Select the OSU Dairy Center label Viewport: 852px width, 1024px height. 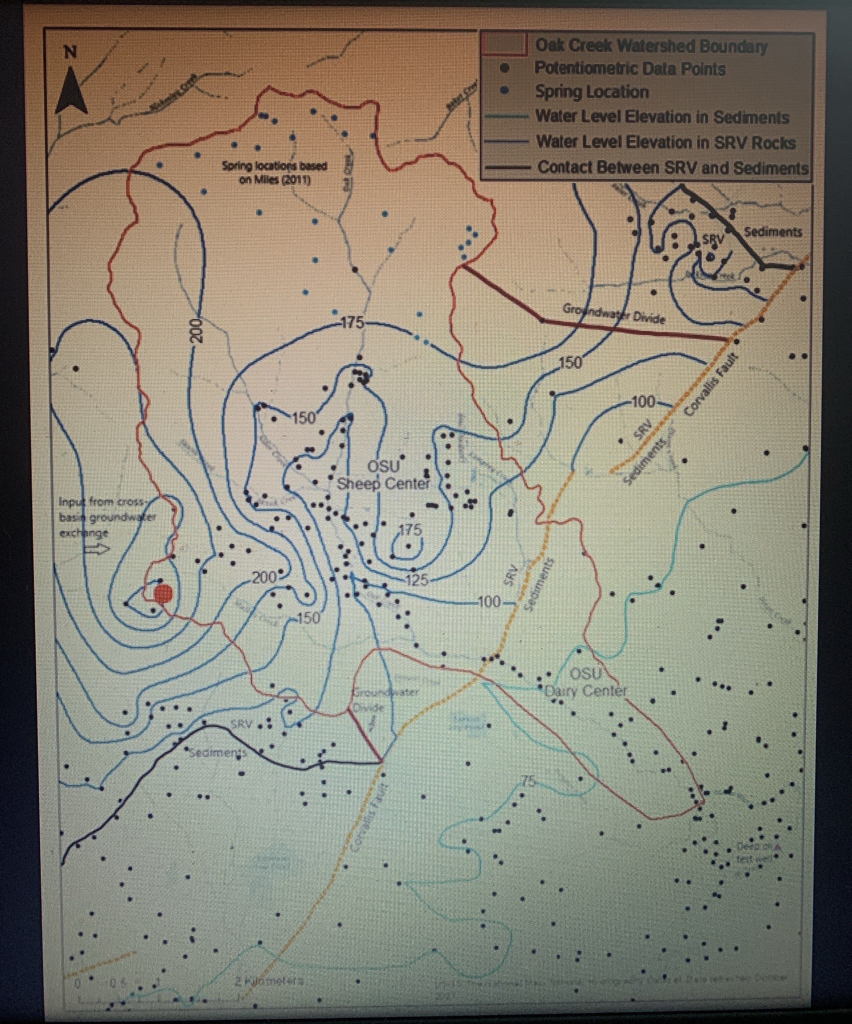point(585,682)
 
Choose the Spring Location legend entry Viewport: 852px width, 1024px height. point(592,92)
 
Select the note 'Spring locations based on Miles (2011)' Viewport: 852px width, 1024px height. point(274,172)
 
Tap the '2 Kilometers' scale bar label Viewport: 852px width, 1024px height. point(269,980)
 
